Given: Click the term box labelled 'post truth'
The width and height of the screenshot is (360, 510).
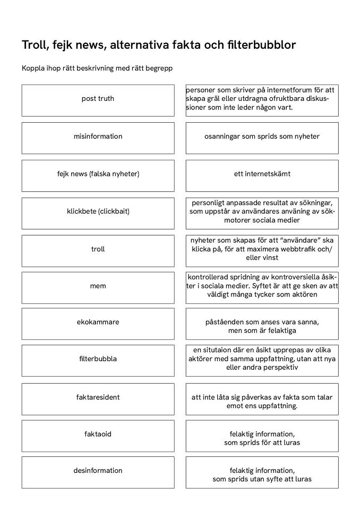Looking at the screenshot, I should point(98,100).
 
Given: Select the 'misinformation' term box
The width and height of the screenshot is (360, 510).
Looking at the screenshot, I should point(98,138).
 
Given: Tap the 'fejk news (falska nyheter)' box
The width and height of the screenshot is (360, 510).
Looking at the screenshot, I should point(98,175).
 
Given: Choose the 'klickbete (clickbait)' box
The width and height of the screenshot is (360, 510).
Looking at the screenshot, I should point(98,213).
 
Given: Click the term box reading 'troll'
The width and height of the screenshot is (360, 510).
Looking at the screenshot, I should point(98,250).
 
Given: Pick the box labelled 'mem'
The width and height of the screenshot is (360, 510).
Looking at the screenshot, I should point(98,287).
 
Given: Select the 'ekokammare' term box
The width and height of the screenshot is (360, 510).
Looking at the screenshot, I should point(98,324).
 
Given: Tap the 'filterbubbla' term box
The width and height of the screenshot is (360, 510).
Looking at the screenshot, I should point(98,360).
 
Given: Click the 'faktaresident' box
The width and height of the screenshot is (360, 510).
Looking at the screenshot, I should point(98,398).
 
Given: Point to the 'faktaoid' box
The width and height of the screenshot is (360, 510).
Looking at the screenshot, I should point(98,436).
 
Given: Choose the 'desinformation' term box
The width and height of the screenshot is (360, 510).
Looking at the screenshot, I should point(98,472).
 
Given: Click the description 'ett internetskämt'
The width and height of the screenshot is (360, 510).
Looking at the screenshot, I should point(262,175).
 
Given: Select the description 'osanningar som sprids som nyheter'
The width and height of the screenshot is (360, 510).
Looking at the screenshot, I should point(262,138).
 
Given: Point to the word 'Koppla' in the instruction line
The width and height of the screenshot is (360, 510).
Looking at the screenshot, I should point(32,69).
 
